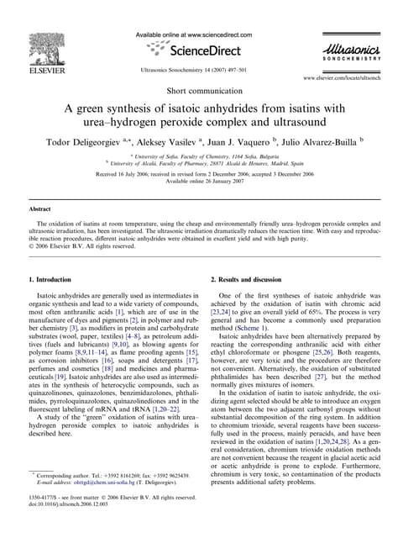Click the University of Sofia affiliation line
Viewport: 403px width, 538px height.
pyautogui.click(x=201, y=156)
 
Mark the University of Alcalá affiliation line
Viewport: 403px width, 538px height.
pyautogui.click(x=201, y=164)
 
